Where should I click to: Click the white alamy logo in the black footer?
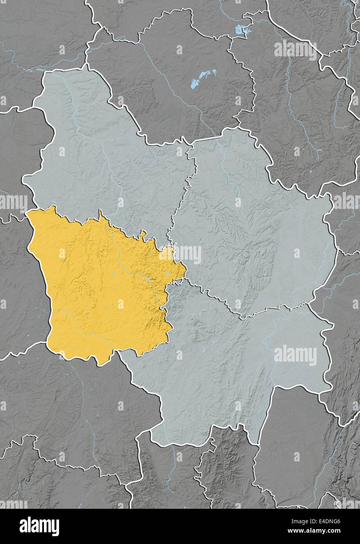39,526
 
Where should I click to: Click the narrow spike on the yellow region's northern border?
101,213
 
